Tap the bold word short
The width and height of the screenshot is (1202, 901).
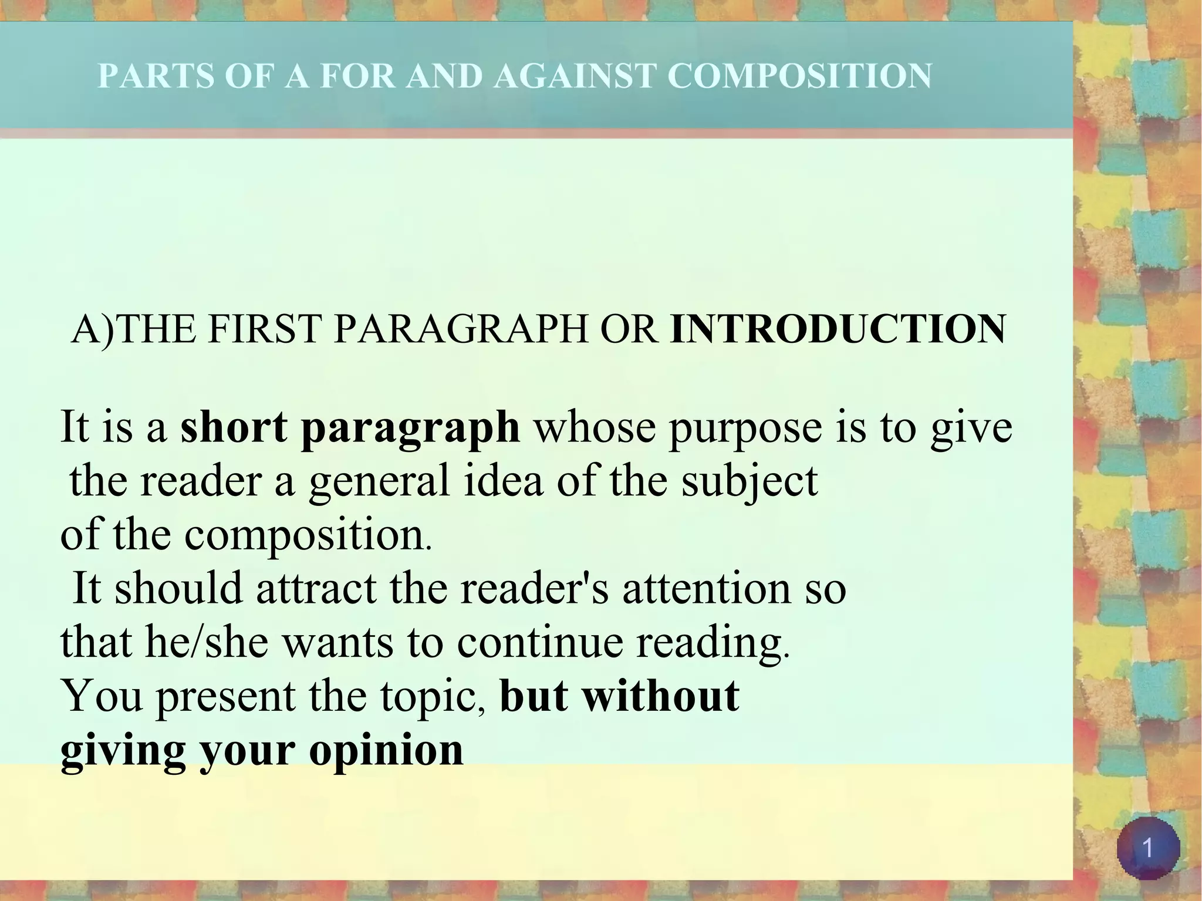click(234, 427)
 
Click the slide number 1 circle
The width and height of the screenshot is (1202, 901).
click(1147, 848)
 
